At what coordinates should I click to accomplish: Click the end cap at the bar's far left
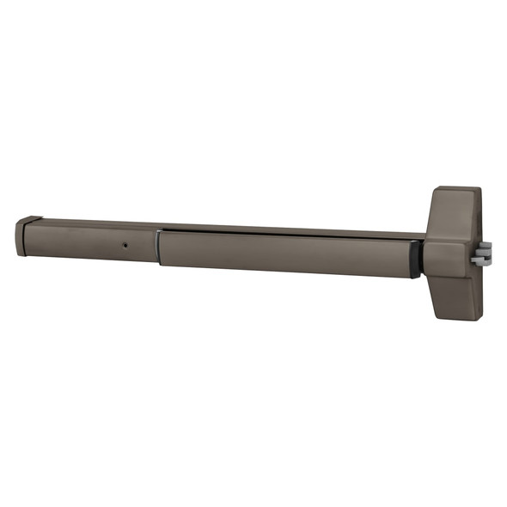point(21,237)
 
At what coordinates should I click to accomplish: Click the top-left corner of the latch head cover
point(436,190)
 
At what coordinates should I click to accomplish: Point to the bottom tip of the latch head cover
point(469,318)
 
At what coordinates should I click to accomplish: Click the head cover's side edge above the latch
point(479,215)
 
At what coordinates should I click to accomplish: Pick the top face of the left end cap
point(29,219)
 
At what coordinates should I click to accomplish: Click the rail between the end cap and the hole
point(77,241)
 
